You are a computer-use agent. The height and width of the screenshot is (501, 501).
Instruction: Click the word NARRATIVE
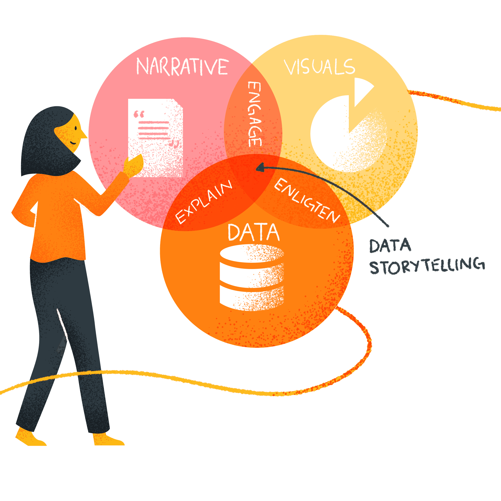click(182, 67)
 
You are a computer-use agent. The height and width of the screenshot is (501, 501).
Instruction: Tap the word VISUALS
click(319, 67)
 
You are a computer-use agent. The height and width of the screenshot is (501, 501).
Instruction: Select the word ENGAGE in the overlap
click(255, 114)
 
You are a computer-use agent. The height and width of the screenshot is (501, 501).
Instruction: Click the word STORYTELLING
click(426, 266)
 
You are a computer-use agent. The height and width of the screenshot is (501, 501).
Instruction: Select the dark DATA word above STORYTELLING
click(390, 246)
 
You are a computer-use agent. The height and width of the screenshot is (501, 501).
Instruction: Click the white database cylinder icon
click(251, 277)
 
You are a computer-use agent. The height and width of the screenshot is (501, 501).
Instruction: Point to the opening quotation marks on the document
click(139, 114)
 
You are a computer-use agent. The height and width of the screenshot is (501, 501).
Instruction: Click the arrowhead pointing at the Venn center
click(260, 168)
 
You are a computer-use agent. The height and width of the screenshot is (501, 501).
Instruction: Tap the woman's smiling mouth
click(73, 143)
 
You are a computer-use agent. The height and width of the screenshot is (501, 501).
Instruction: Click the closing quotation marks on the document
click(174, 144)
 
